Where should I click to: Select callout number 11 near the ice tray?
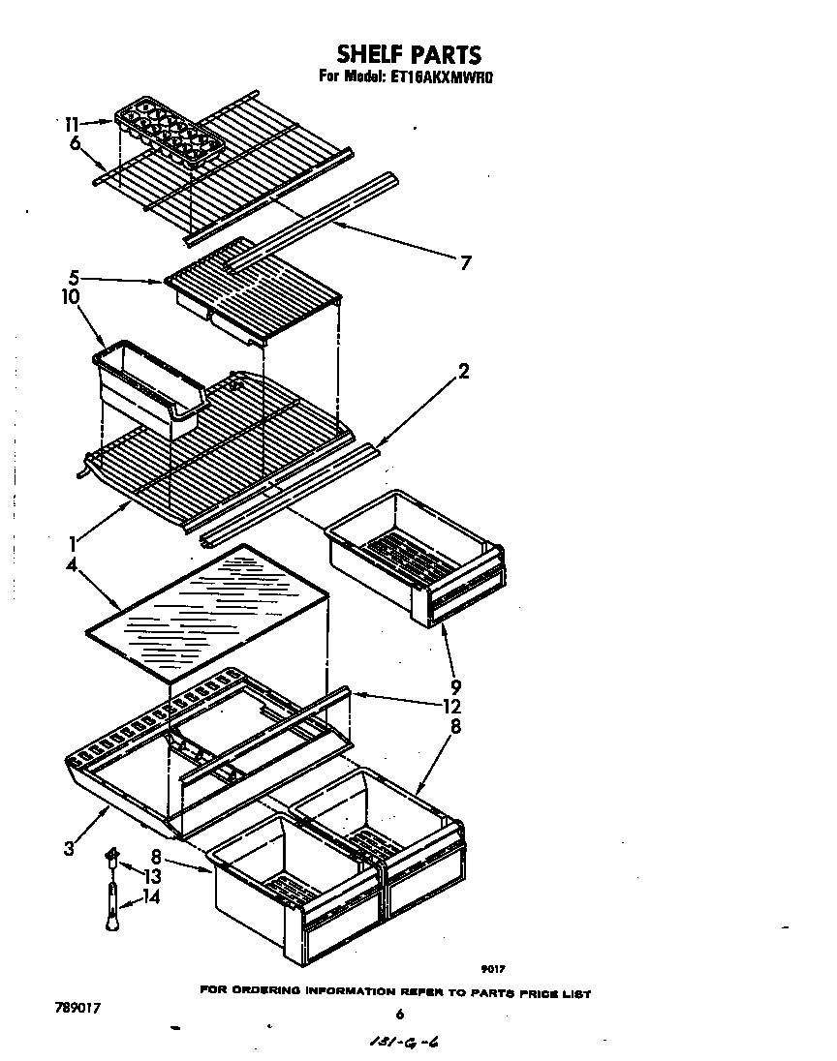click(73, 124)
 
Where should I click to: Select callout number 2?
click(464, 371)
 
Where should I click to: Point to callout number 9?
click(455, 688)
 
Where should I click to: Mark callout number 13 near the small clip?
click(150, 875)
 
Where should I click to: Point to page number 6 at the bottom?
click(399, 1014)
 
